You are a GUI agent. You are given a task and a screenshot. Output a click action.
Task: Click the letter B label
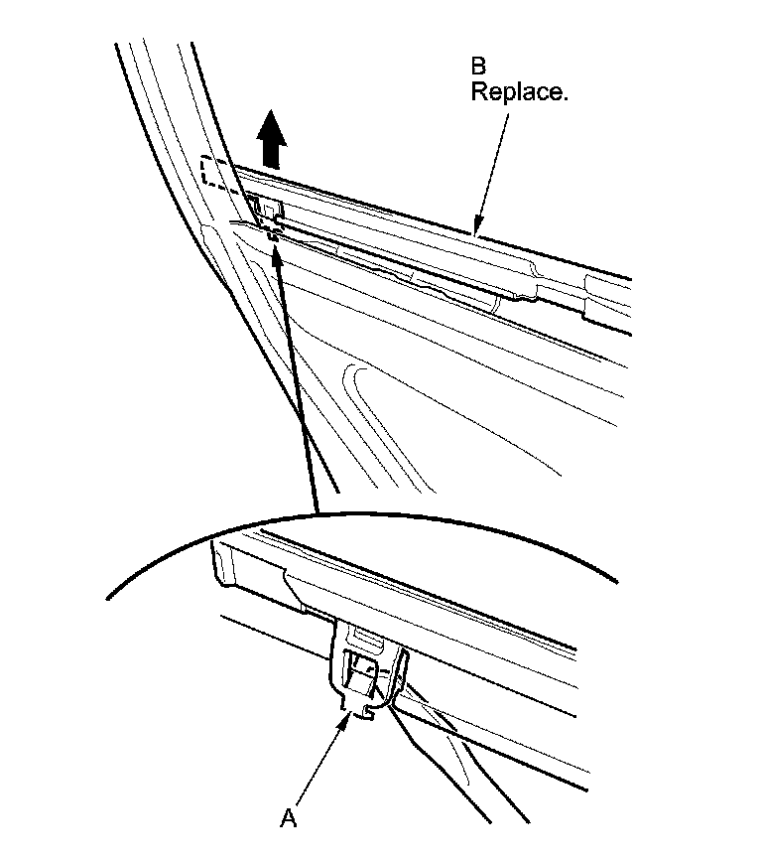tap(479, 67)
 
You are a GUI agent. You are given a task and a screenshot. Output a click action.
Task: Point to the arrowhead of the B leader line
tap(477, 229)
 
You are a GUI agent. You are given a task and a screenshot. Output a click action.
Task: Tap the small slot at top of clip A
tap(363, 635)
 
